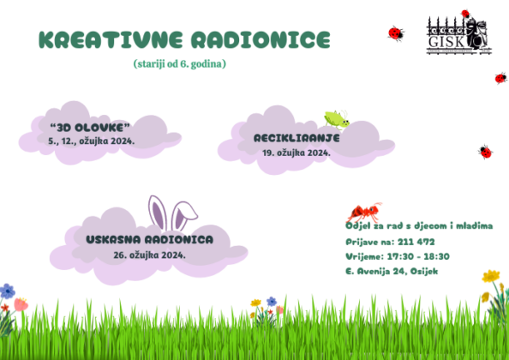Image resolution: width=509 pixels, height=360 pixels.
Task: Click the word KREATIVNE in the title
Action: tap(111, 40)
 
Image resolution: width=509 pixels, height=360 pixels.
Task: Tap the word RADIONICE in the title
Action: tap(260, 40)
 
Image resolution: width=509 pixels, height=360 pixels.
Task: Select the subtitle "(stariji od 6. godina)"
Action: tap(179, 64)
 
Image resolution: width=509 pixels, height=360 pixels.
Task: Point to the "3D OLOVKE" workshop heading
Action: tap(90, 128)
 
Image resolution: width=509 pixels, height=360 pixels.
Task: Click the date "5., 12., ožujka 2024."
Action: tap(91, 141)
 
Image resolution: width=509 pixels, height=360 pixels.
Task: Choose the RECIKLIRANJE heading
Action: tap(296, 138)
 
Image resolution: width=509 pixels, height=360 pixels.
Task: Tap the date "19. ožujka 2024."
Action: tap(296, 153)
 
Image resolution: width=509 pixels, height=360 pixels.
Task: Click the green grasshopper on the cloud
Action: tap(337, 119)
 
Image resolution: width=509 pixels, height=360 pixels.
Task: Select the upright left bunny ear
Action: tap(158, 213)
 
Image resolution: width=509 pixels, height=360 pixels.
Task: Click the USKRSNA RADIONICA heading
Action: tap(150, 240)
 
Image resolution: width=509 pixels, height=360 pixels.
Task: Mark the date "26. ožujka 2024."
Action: tap(150, 255)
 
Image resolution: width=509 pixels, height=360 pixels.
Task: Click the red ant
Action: tap(364, 213)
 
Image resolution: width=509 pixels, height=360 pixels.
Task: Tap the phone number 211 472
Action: tap(416, 242)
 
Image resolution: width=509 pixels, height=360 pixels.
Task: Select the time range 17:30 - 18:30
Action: tap(418, 256)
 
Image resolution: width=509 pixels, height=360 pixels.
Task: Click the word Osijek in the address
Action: tap(424, 271)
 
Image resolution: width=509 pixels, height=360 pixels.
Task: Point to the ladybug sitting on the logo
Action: tap(465, 14)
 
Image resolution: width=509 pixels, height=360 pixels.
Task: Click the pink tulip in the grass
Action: tap(21, 305)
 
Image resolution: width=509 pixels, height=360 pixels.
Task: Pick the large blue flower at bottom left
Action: tap(7, 291)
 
